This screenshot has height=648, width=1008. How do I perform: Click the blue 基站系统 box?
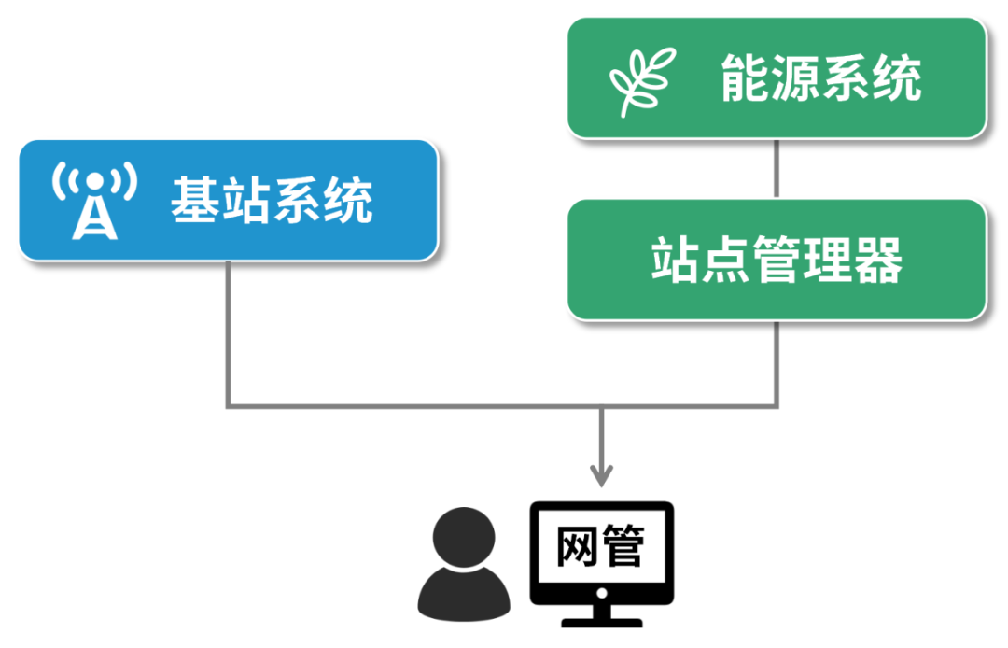228,201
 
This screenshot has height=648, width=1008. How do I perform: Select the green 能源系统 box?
777,78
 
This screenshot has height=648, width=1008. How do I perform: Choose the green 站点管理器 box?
777,261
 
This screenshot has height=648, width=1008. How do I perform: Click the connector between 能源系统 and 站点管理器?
777,169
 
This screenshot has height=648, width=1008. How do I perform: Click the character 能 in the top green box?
745,78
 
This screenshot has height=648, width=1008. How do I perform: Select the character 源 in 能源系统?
795,78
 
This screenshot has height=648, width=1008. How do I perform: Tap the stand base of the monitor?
602,619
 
